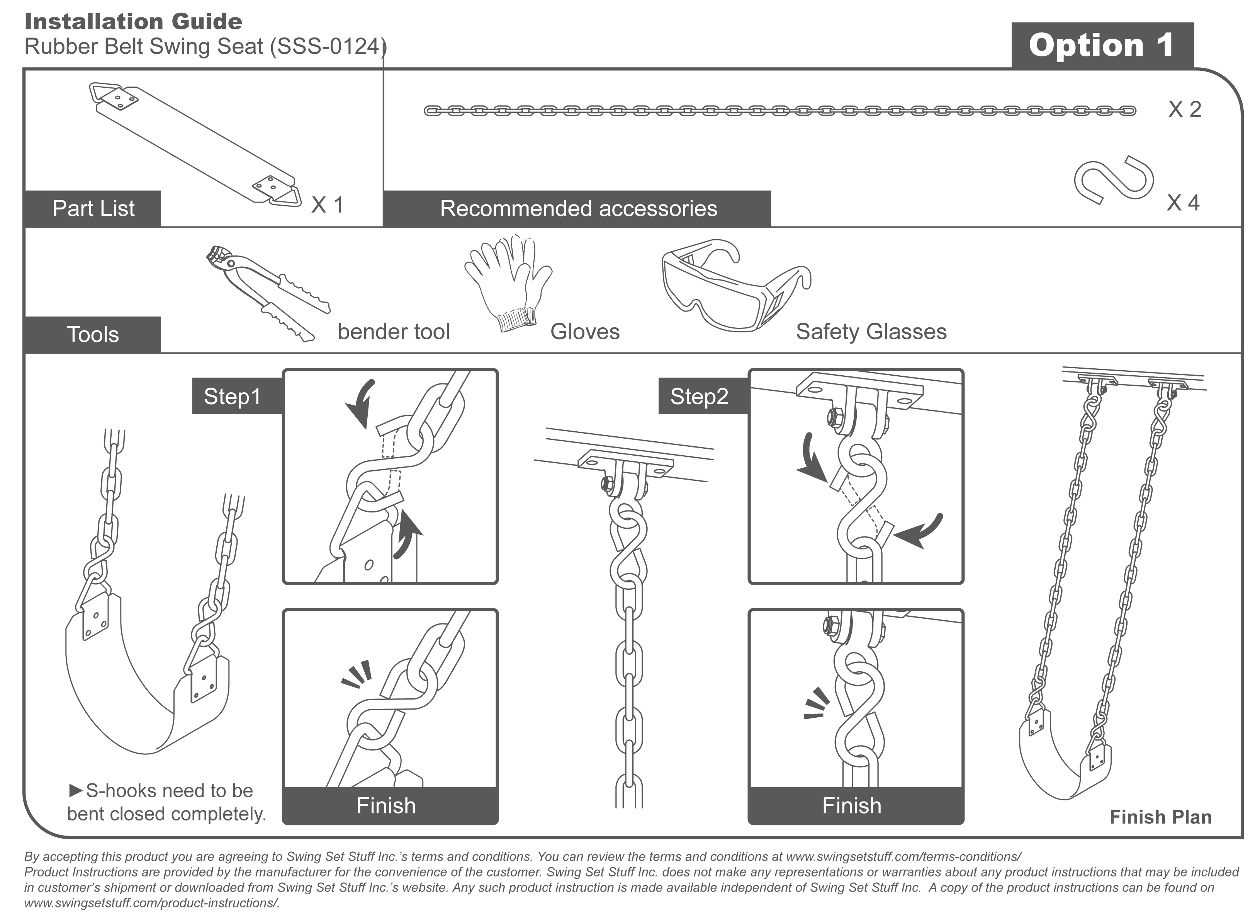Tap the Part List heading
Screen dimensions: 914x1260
click(x=93, y=208)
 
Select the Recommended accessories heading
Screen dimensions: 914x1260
click(x=578, y=208)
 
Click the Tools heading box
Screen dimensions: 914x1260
click(x=93, y=335)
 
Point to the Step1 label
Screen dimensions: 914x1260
click(x=232, y=397)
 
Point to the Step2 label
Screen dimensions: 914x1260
click(x=699, y=397)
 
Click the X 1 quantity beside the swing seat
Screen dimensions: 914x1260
click(x=327, y=205)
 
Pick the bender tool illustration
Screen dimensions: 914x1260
click(x=267, y=292)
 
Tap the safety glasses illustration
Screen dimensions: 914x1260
click(x=734, y=284)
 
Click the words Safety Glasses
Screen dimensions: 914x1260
click(x=871, y=332)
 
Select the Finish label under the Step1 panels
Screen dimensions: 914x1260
click(x=386, y=805)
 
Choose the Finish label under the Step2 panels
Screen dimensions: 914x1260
click(x=852, y=805)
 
